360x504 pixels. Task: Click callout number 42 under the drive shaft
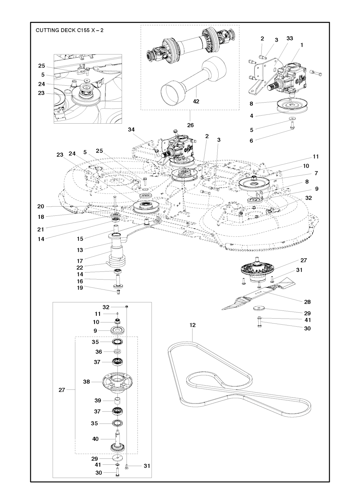[196, 102]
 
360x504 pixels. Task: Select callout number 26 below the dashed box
[190, 125]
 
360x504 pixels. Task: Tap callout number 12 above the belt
[192, 325]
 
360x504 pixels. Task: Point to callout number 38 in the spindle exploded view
[86, 382]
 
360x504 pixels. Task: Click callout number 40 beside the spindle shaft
[95, 439]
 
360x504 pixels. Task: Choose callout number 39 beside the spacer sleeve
[98, 400]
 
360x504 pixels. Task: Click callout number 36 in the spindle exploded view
[98, 352]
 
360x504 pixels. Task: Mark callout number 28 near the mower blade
[307, 302]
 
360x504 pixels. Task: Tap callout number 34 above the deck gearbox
[131, 130]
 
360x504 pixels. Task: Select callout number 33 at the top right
[290, 38]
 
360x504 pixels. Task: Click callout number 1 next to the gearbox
[302, 45]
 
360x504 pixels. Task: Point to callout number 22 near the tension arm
[80, 268]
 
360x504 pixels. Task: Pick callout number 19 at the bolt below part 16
[80, 288]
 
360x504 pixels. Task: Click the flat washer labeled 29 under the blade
[259, 308]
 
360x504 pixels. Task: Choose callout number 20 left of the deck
[41, 207]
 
